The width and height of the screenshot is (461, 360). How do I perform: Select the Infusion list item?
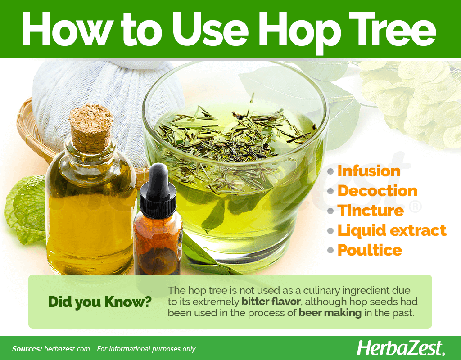coord(369,171)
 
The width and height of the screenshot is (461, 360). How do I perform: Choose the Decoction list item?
coord(378,191)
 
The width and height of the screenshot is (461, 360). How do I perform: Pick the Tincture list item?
coord(371,211)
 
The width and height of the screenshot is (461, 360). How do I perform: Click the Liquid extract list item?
coord(392,231)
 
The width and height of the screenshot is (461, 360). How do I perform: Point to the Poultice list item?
coord(370,250)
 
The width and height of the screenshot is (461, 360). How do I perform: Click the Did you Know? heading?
coord(99,302)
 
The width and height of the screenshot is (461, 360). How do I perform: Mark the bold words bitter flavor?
coord(271,301)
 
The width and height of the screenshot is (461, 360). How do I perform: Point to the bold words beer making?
coord(330,313)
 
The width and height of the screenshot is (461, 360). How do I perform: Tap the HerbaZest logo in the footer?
coord(400,348)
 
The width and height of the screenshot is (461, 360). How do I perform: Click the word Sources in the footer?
coord(27,349)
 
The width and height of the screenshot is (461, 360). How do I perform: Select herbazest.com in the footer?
coord(67,349)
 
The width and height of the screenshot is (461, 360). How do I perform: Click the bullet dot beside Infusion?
coord(330,171)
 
